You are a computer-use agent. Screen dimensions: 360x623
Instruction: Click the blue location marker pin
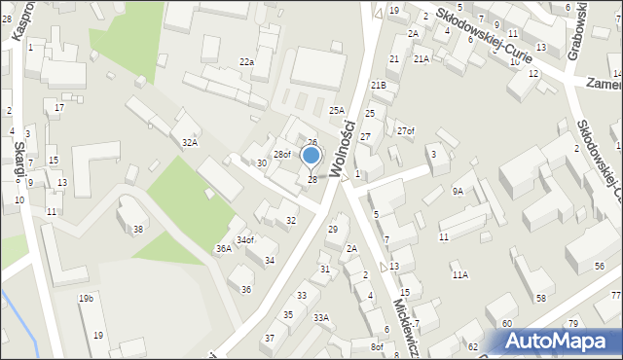point(311,156)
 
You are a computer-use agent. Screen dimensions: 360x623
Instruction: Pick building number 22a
point(247,62)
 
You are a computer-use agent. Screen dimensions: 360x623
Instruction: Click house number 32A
point(190,142)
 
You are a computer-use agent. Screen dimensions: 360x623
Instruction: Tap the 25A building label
point(337,111)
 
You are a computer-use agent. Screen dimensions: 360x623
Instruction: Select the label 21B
point(378,86)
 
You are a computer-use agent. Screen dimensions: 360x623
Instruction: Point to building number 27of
point(405,131)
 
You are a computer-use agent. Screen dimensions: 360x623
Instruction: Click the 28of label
point(281,155)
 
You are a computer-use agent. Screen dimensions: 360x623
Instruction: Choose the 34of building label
point(244,240)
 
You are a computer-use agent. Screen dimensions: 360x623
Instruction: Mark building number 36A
point(224,249)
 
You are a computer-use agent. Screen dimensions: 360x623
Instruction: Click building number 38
point(138,230)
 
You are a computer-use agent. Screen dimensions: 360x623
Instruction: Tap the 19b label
point(86,298)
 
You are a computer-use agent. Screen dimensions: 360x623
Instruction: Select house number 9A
point(458,192)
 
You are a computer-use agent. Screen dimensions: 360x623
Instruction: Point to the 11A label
point(459,275)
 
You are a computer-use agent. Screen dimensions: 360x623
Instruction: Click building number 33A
point(320,317)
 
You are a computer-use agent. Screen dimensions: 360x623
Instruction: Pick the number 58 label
point(541,298)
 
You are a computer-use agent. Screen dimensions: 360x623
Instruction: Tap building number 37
point(270,338)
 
